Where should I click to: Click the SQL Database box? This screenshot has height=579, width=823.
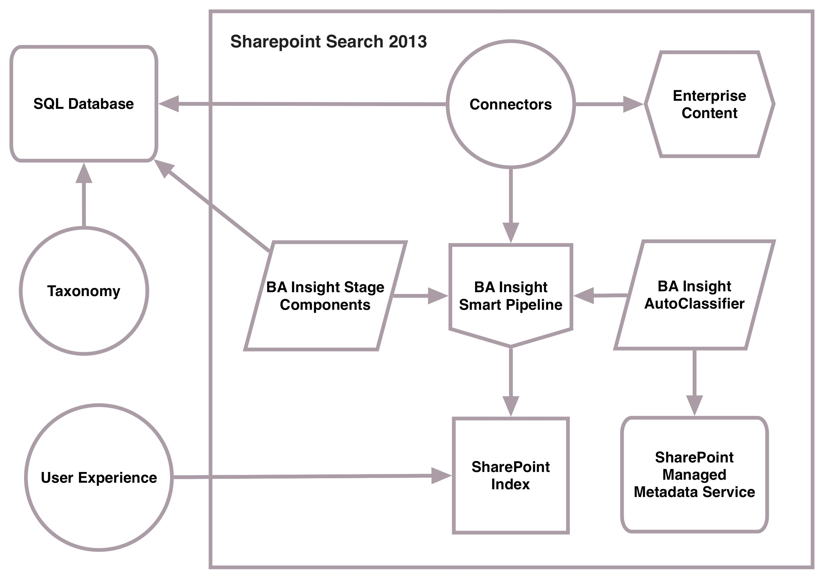click(83, 104)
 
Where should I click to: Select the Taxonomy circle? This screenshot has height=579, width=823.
click(84, 291)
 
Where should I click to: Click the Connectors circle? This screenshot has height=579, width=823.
click(511, 104)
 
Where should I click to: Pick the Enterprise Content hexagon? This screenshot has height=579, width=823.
click(710, 104)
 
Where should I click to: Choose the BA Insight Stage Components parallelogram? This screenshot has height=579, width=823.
click(325, 296)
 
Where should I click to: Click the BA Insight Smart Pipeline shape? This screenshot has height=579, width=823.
click(511, 296)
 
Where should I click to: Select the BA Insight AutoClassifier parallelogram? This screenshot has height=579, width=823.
click(694, 295)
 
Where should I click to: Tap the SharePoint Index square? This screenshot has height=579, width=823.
click(511, 475)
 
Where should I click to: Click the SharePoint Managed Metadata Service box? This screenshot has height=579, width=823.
click(694, 475)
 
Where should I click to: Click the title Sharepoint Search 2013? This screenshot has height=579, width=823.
click(328, 41)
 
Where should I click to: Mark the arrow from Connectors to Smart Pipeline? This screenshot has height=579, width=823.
click(511, 205)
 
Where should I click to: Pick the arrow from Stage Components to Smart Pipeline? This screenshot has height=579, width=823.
click(419, 296)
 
